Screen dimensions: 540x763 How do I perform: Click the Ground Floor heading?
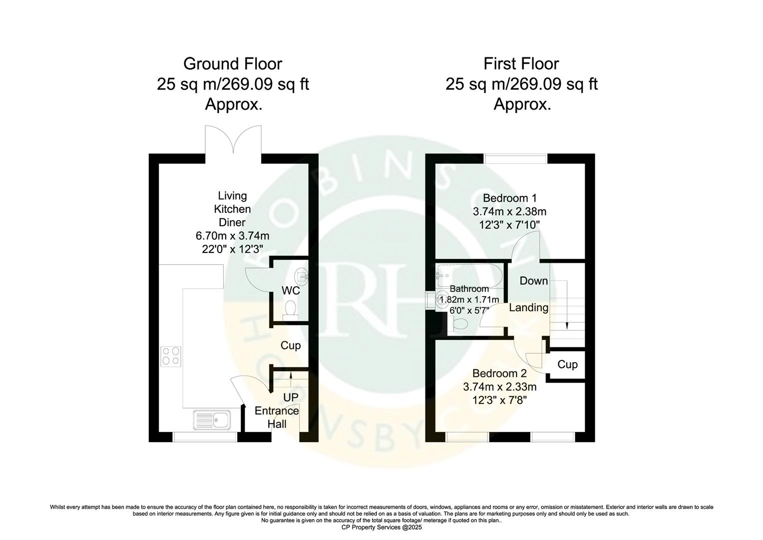233,64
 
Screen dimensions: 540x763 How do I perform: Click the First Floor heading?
521,64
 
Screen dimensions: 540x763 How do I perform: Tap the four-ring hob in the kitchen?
171,356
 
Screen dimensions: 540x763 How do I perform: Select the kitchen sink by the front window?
212,420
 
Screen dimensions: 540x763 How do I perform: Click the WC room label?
291,290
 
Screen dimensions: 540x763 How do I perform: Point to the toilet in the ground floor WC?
290,308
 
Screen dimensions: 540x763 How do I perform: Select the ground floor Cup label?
290,345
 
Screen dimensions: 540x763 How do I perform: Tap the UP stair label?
290,397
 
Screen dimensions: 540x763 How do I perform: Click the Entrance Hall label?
277,417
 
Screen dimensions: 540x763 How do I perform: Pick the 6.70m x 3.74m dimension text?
233,235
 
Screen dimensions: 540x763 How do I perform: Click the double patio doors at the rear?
233,140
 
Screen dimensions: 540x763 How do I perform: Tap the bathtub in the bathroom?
467,274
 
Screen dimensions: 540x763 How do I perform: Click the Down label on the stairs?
534,281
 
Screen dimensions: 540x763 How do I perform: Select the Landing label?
528,307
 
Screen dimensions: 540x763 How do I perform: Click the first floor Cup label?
567,364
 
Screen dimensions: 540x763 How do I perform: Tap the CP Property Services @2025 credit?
381,527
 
